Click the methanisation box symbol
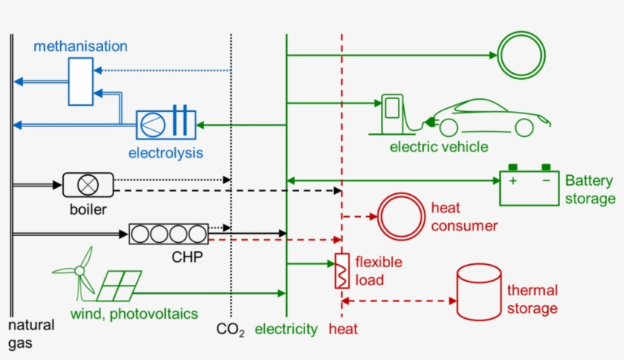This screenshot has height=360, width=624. pos(80,80)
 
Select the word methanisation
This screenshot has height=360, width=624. pos(81,46)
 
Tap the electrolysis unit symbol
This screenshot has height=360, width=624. pos(166,125)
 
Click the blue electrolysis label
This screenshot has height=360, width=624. pos(166,153)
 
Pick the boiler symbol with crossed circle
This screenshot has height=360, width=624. pos(88,183)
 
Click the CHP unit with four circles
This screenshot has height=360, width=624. pos(168,233)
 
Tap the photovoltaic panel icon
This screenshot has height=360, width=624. pos(118,285)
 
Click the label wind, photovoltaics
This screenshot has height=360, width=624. pos(134,314)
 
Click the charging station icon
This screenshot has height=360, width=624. pos(392,113)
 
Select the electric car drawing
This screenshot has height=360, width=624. pos(487,118)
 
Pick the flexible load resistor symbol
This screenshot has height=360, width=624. pos(342,271)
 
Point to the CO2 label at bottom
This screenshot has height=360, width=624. pos(231,330)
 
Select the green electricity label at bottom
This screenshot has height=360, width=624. pos(285,329)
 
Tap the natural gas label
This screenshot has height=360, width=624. pos(31,333)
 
